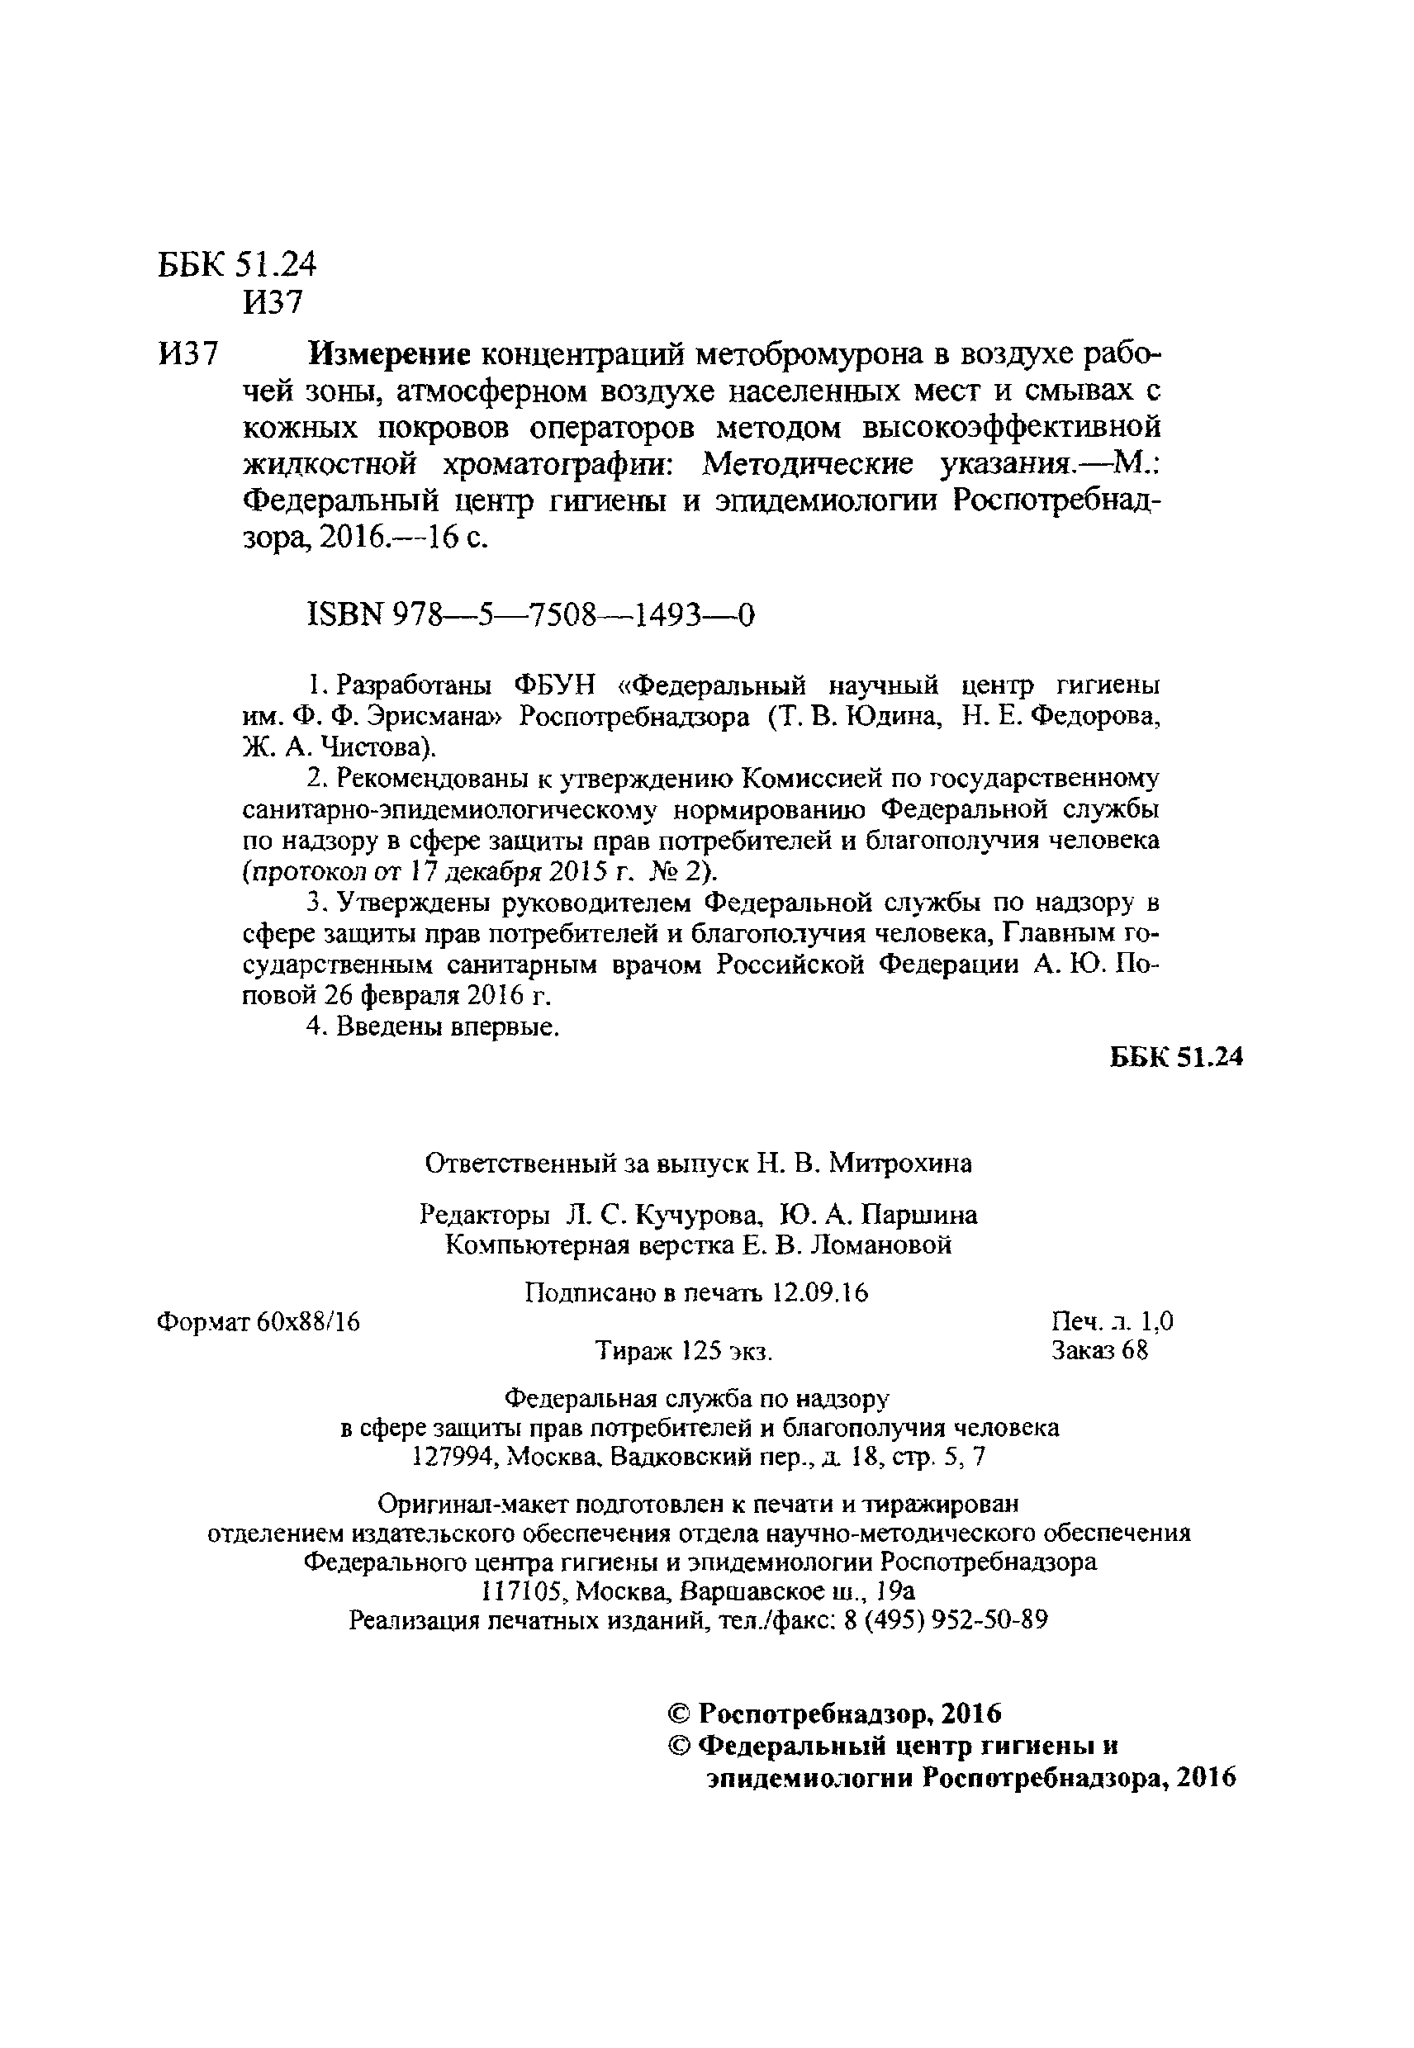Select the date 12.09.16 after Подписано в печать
[820, 1293]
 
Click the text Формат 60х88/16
[258, 1322]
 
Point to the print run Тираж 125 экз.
[684, 1352]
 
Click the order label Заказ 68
[1098, 1351]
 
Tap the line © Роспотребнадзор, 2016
[833, 1714]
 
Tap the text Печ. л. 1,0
[1112, 1322]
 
